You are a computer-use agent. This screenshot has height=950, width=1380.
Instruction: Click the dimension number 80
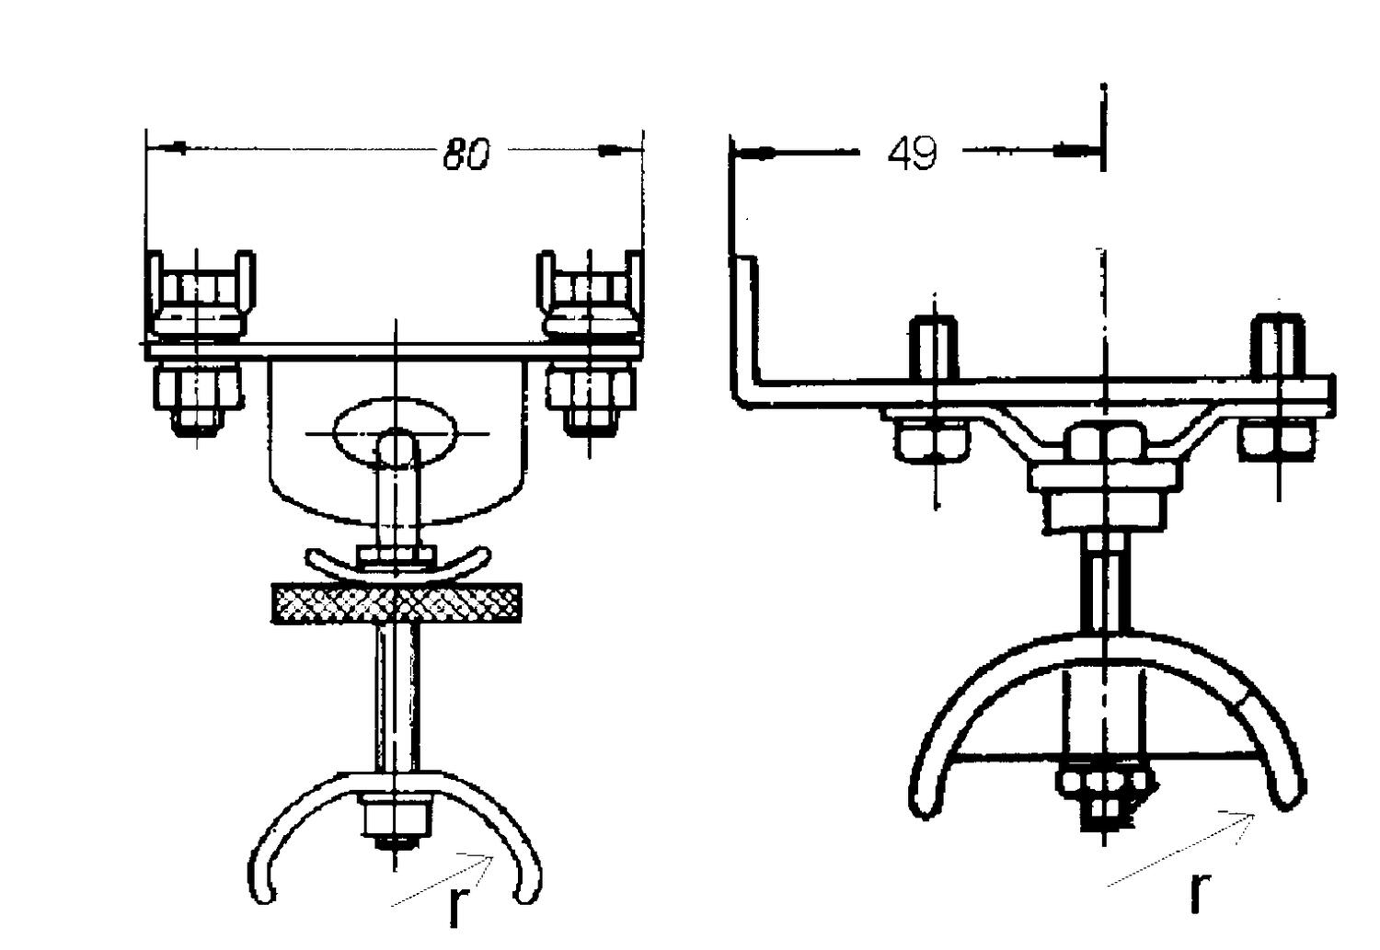pos(466,154)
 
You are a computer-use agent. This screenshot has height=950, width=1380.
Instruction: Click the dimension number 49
pos(912,153)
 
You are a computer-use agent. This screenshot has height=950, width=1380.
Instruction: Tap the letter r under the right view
pos(1200,890)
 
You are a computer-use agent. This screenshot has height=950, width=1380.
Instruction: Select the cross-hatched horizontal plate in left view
pos(397,603)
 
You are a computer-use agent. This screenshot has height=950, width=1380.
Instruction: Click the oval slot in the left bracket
pos(395,430)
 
